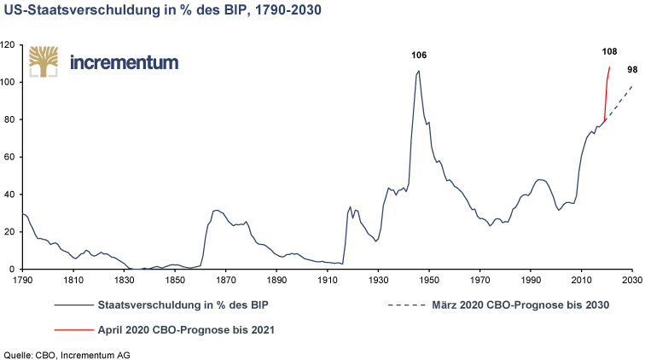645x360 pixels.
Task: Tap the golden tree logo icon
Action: [42, 60]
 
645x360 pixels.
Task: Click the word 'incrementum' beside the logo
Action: [125, 61]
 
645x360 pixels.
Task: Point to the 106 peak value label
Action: [418, 55]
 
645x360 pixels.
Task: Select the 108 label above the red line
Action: [609, 52]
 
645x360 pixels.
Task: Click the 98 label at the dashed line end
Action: [632, 70]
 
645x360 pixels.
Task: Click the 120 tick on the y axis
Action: [9, 45]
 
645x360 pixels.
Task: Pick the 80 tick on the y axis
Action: [10, 120]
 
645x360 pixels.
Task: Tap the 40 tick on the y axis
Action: [10, 195]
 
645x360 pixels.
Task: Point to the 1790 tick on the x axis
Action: [22, 279]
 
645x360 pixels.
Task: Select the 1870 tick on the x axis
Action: [225, 279]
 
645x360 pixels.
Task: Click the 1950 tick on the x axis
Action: [429, 279]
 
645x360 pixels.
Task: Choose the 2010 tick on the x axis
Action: [582, 279]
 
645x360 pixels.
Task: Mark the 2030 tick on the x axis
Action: [632, 279]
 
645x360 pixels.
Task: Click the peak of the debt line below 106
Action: [418, 72]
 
